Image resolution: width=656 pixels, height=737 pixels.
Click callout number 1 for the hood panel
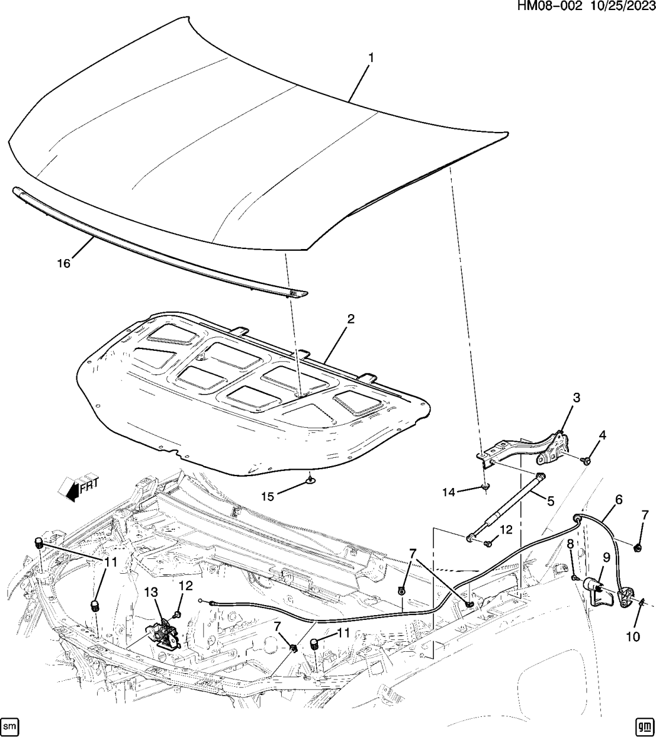click(x=371, y=58)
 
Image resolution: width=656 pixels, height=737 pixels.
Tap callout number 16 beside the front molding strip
click(x=63, y=263)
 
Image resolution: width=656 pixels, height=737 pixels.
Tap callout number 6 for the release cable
click(x=619, y=500)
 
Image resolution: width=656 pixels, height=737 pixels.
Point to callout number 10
click(x=633, y=636)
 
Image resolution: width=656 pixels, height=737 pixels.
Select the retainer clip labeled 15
click(x=310, y=480)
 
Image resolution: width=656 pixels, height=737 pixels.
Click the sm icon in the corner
click(x=11, y=725)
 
